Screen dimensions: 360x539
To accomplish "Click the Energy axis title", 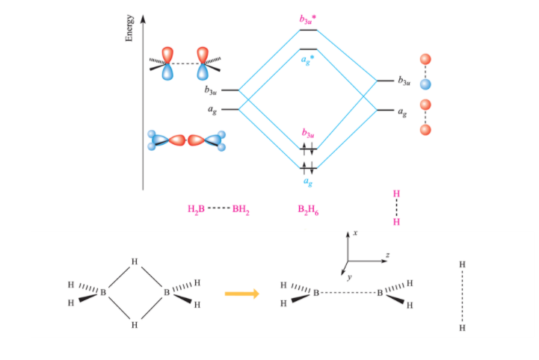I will pyautogui.click(x=129, y=28).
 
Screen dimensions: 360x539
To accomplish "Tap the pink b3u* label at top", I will pyautogui.click(x=307, y=17).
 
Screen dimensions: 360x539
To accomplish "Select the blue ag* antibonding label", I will pyautogui.click(x=307, y=60).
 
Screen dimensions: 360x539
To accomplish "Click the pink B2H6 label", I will pyautogui.click(x=307, y=211).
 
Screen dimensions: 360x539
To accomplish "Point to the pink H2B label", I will pyautogui.click(x=195, y=211).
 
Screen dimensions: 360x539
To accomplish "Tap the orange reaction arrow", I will pyautogui.click(x=241, y=294).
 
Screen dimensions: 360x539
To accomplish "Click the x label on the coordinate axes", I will pyautogui.click(x=355, y=233).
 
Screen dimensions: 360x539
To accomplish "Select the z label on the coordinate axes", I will pyautogui.click(x=387, y=255).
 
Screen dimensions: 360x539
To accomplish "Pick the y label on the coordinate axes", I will pyautogui.click(x=348, y=276).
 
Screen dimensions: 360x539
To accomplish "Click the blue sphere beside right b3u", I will pyautogui.click(x=425, y=84).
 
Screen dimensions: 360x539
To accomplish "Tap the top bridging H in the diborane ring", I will pyautogui.click(x=135, y=261).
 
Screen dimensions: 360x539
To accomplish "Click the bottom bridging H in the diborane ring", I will pyautogui.click(x=135, y=325).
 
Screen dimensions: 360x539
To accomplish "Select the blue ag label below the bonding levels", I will pyautogui.click(x=307, y=181).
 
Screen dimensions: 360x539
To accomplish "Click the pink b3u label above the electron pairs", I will pyautogui.click(x=307, y=133).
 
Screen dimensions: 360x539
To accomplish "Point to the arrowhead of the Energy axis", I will pyautogui.click(x=143, y=16).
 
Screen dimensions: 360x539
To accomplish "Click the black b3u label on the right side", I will pyautogui.click(x=403, y=81).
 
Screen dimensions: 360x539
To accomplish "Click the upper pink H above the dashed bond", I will pyautogui.click(x=396, y=194).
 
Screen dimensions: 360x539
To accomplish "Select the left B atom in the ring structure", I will pyautogui.click(x=103, y=293).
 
